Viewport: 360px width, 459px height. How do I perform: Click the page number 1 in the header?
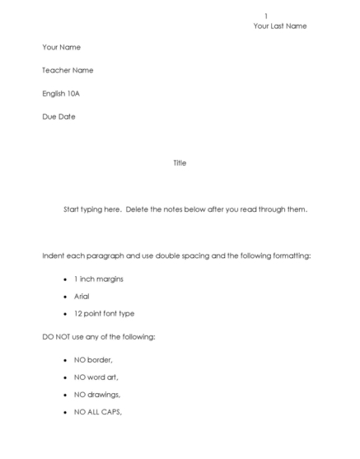(265, 16)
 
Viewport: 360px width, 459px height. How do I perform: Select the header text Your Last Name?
(280, 26)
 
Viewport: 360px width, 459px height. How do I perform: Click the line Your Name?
(62, 48)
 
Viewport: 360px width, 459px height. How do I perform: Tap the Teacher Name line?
(68, 71)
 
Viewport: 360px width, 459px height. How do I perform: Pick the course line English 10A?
(61, 94)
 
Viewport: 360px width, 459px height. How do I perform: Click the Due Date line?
(58, 117)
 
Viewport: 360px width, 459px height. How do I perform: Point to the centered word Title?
(180, 163)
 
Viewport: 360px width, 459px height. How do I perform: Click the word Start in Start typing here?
(72, 209)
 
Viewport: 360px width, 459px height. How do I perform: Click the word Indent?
(53, 256)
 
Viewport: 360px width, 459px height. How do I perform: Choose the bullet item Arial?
(82, 297)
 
